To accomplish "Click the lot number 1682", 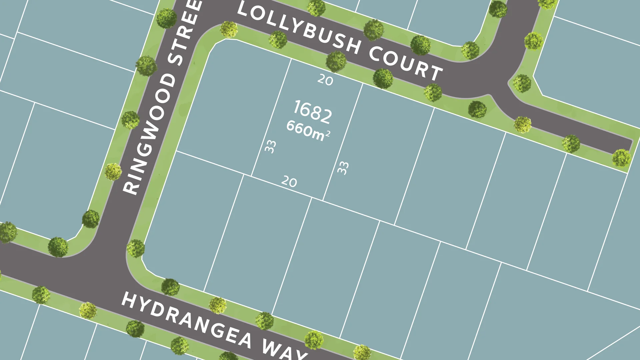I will pos(313,111).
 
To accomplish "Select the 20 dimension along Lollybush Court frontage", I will pos(325,80).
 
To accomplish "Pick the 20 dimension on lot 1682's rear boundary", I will pos(289,182).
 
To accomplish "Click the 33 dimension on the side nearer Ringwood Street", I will pos(270,146).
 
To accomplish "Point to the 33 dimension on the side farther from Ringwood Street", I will pos(343,168).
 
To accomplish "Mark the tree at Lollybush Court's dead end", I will pos(621,158).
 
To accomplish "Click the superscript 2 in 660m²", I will pos(328,134).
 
